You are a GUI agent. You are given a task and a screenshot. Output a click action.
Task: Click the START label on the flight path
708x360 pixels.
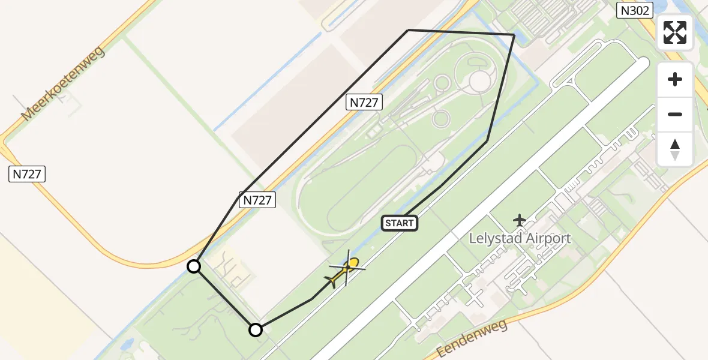point(399,223)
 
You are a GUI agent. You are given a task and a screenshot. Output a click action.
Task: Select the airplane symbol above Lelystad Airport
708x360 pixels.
point(520,220)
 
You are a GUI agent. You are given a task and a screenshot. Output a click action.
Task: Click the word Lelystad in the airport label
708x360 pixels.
point(496,238)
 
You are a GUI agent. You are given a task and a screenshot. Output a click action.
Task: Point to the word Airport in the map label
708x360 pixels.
point(548,238)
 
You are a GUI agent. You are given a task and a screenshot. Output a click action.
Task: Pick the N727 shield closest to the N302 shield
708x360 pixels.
point(364,102)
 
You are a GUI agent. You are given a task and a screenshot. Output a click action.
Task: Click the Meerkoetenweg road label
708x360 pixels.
point(62,83)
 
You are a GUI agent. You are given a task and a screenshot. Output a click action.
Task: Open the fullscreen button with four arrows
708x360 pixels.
point(675,32)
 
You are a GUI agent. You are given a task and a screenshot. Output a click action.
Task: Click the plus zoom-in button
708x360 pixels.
point(675,79)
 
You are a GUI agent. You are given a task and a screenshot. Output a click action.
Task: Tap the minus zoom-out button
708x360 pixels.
point(675,114)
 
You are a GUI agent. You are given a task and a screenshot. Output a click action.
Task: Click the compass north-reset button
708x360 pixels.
point(675,149)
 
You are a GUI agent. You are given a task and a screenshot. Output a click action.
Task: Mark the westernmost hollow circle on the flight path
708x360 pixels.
point(194,266)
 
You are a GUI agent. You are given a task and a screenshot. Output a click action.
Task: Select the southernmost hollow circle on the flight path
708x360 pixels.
point(256,329)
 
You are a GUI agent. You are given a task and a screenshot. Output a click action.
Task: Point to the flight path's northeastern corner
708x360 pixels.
point(514,35)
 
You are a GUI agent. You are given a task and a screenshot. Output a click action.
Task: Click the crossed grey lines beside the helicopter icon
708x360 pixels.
point(347,268)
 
